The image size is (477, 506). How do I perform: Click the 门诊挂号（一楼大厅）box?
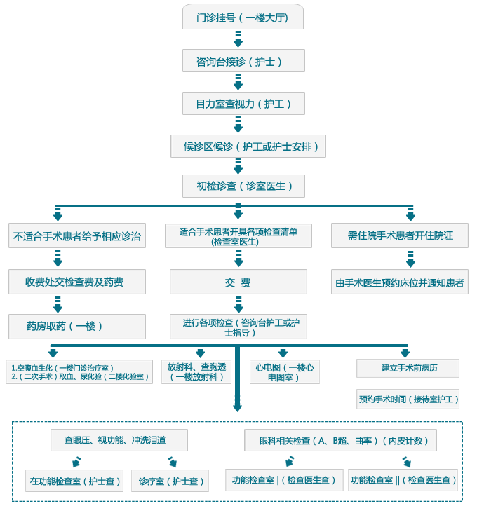[243, 18]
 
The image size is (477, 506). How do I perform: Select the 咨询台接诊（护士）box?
[243, 61]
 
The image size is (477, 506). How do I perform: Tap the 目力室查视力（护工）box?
[243, 104]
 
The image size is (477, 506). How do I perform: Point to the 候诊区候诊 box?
[248, 146]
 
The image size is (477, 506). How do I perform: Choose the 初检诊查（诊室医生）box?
[241, 186]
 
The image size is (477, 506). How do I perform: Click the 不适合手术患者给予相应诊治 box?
[77, 235]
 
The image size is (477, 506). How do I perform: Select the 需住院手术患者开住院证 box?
[400, 235]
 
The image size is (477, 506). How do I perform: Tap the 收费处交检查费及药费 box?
[77, 282]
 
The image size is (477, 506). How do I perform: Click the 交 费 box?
[238, 282]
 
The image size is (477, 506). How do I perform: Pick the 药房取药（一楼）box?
[77, 326]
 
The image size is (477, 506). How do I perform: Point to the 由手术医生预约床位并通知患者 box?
[400, 282]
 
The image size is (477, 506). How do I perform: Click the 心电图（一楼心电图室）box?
[284, 371]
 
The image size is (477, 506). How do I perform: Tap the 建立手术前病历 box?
[408, 368]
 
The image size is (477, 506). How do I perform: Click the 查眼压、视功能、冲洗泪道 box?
[119, 440]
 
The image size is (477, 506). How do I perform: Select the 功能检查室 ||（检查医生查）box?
[403, 480]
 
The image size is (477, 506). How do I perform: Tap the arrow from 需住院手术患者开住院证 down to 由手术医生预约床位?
[410, 259]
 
